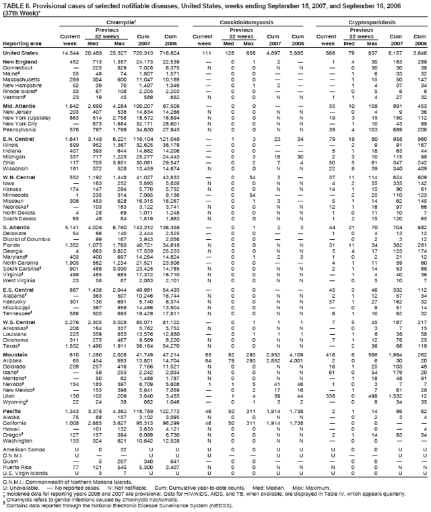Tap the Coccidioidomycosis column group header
(x=250, y=22)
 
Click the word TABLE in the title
(x=14, y=5)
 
